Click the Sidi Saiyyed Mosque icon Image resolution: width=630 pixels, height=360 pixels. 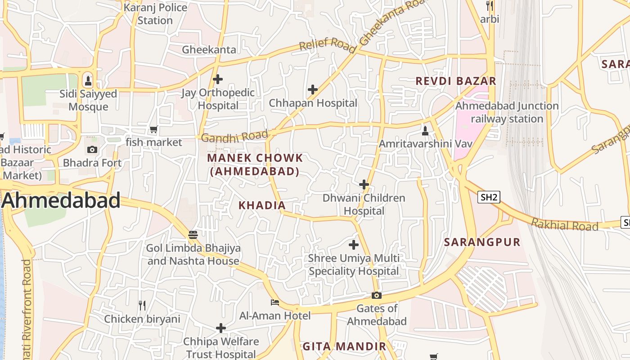coord(88,81)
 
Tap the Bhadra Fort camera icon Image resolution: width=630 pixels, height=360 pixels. coord(92,150)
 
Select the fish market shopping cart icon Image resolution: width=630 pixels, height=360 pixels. coord(153,130)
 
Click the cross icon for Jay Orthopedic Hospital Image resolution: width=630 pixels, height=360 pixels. coord(218,80)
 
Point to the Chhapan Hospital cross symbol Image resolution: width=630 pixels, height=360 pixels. coord(313,90)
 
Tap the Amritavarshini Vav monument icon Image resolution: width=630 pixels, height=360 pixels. coord(425,131)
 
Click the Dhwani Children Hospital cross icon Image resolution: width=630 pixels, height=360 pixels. coord(364,184)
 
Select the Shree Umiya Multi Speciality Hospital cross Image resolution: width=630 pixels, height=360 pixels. coord(354,245)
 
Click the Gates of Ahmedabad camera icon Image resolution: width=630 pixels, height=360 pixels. coord(377,296)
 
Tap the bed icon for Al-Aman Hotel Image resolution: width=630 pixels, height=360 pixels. coord(274,302)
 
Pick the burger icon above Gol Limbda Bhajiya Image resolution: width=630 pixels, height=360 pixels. coord(193,234)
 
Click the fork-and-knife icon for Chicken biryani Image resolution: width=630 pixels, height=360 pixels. coord(142,306)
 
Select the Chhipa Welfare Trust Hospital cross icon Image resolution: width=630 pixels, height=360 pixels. coord(220,328)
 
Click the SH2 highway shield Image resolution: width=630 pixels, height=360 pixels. coord(489,197)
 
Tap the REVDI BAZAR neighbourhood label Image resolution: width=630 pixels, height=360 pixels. coord(456,81)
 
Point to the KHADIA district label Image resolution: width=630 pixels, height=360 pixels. coord(262,205)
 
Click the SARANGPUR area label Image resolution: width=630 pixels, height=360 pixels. coord(482,242)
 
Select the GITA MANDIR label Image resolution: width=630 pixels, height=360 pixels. coord(344,346)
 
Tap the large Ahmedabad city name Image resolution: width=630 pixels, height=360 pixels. coord(61,200)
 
